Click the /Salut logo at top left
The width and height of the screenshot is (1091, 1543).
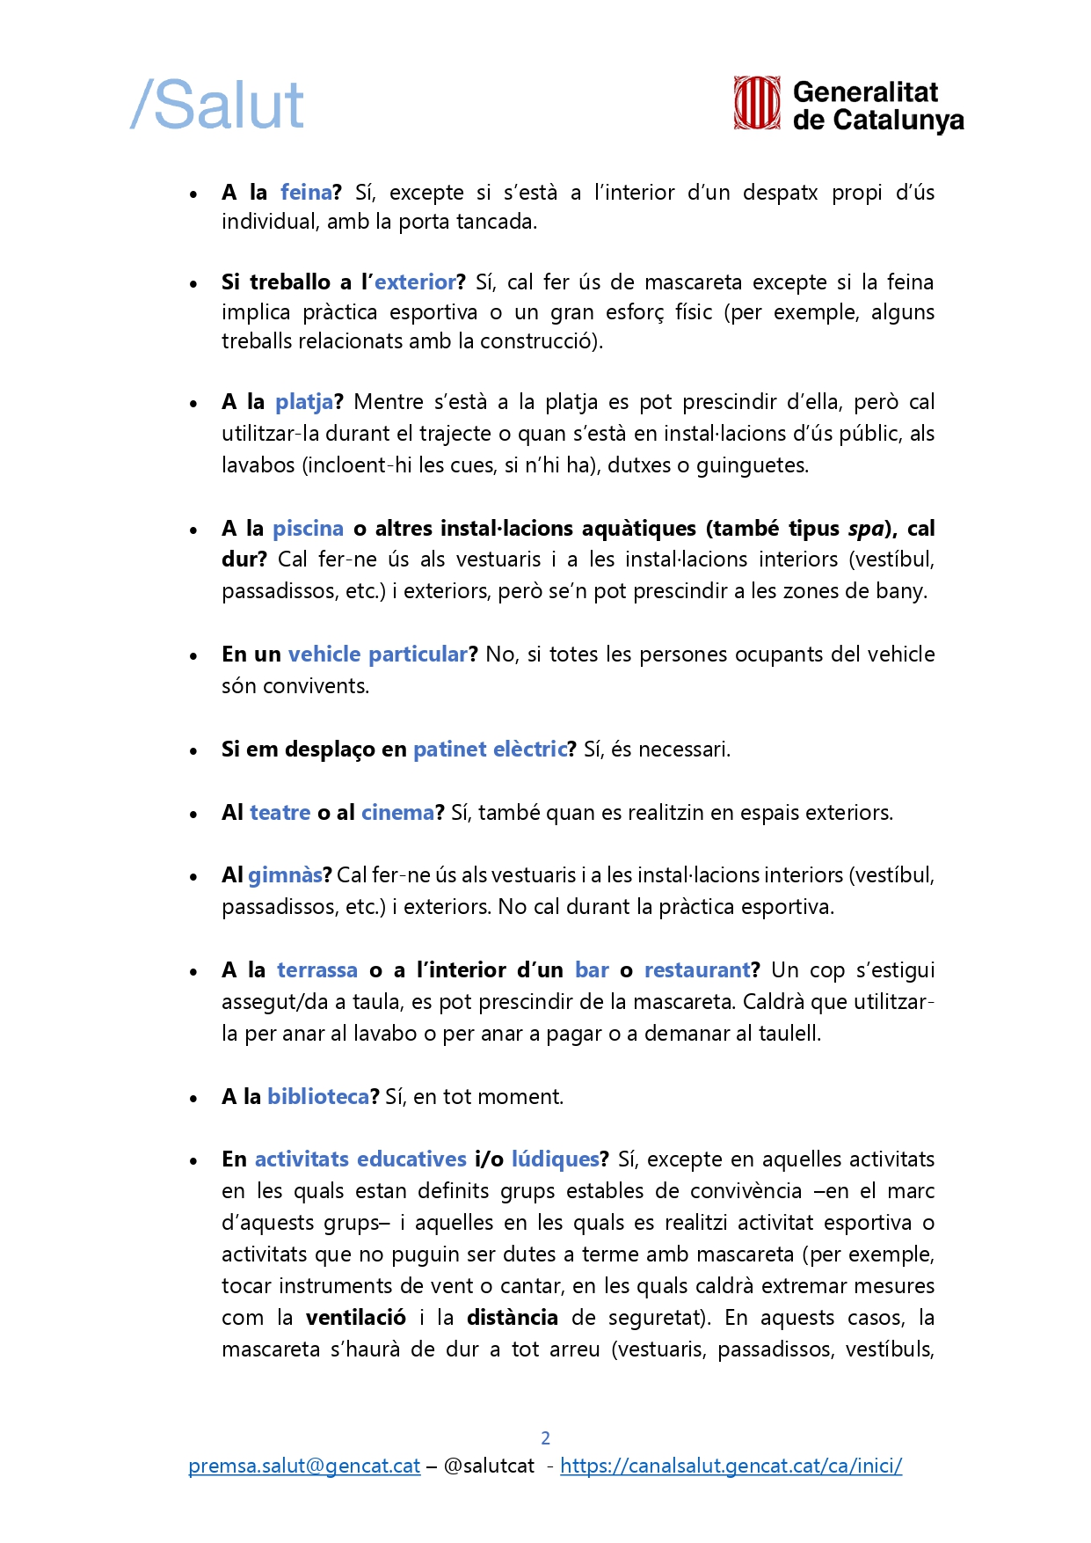[x=217, y=105]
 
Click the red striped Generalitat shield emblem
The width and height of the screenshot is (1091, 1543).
[x=757, y=103]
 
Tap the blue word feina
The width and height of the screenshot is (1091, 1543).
[x=306, y=193]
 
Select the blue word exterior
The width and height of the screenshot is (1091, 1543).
[x=415, y=282]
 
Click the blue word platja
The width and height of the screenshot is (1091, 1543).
[x=304, y=402]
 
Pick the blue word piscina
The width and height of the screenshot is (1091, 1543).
[x=308, y=529]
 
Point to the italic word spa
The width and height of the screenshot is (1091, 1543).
[x=866, y=529]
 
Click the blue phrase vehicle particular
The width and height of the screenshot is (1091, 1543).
[x=378, y=654]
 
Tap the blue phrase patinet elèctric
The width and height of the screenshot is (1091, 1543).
[x=490, y=750]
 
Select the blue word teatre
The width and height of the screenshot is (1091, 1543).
[x=280, y=813]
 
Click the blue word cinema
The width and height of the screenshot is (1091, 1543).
[x=397, y=813]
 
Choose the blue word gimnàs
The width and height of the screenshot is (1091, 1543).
[x=285, y=875]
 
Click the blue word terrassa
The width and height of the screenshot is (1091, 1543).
[x=317, y=970]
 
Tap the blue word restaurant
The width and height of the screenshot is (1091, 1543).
[x=697, y=970]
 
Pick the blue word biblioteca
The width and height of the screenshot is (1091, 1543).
[x=318, y=1097]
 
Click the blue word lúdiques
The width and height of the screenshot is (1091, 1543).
[x=556, y=1159]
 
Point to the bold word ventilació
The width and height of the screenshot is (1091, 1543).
[x=356, y=1318]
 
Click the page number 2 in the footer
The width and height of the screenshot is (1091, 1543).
[x=545, y=1438]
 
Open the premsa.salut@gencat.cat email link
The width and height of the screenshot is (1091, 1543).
[x=304, y=1466]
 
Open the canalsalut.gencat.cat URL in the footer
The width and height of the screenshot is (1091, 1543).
[x=731, y=1466]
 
